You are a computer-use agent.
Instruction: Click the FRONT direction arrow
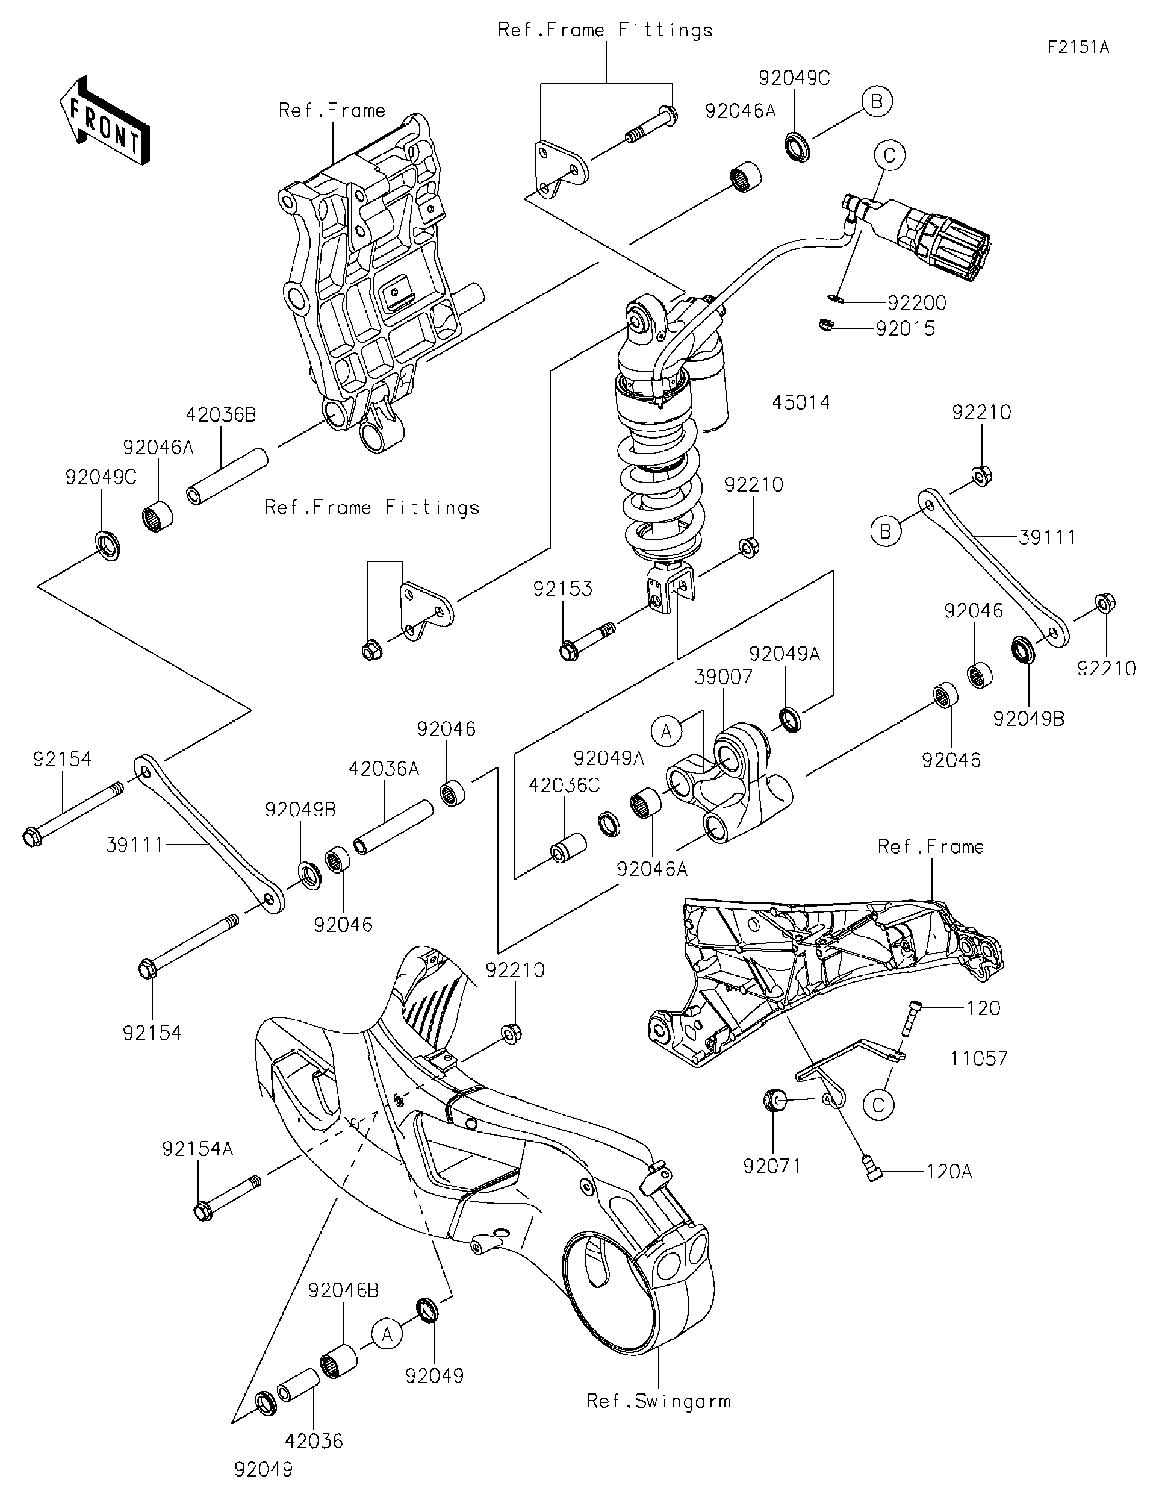coord(104,120)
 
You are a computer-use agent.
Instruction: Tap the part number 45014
coord(801,402)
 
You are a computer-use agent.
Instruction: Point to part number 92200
coord(917,302)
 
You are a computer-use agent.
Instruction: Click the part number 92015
coord(905,328)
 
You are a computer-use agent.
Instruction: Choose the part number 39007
coord(723,677)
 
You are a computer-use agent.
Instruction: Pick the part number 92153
coord(562,589)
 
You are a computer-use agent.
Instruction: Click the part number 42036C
coord(564,786)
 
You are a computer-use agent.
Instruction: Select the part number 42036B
coord(221,414)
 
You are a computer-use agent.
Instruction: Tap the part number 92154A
coord(197,1149)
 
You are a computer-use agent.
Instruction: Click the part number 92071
coord(772,1166)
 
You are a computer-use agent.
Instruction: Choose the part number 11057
coord(978,1058)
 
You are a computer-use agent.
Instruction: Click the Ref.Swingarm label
coord(658,1402)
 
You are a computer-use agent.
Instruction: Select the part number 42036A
coord(384,769)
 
